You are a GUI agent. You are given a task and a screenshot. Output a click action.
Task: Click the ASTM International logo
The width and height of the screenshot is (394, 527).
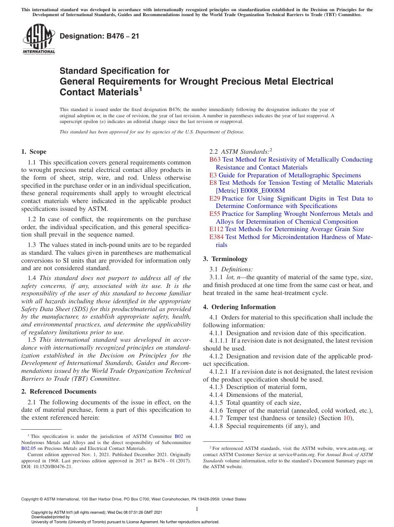pos(39,39)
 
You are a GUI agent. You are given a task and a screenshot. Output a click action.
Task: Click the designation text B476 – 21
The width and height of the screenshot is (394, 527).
pos(100,36)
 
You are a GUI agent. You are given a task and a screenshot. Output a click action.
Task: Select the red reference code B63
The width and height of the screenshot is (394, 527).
pos(215,160)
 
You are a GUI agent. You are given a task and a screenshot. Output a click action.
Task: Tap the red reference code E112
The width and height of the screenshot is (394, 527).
pos(216,229)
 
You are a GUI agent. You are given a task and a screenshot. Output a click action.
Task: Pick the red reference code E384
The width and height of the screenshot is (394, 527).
pos(216,237)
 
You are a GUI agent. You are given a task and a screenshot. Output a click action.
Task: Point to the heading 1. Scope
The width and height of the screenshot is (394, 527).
pos(34,152)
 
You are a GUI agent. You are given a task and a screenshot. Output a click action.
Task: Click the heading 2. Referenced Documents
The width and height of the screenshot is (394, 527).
pos(58,392)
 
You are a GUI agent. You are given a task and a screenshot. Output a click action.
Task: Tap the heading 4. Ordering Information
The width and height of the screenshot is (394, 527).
pos(239,307)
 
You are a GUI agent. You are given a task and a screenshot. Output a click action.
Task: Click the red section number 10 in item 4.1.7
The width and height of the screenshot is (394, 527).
pos(346,418)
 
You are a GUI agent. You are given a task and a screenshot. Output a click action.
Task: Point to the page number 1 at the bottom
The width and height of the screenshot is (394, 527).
pos(197,509)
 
